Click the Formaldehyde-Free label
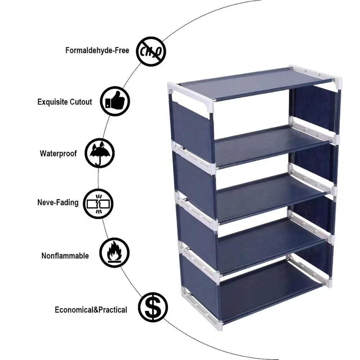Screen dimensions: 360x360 pos(97,50)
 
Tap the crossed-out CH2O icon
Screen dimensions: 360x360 pos(151,52)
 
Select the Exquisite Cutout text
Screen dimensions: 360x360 pos(64,102)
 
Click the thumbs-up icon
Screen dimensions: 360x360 pos(114,101)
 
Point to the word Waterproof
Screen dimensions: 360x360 pos(58,153)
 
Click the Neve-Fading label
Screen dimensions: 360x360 pos(58,202)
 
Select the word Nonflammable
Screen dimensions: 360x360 pos(65,256)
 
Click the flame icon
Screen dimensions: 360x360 pos(114,252)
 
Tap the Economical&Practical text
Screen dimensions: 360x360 pos(91,310)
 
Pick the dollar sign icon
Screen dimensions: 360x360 pos(153,307)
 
